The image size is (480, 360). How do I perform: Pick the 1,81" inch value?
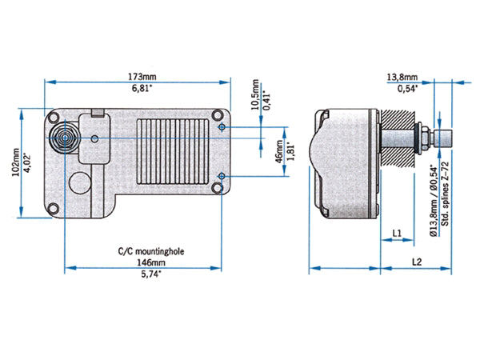pyautogui.click(x=290, y=152)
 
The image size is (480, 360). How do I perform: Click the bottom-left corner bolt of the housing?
pyautogui.click(x=53, y=208)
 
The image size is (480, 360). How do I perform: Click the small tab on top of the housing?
pyautogui.click(x=98, y=111)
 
